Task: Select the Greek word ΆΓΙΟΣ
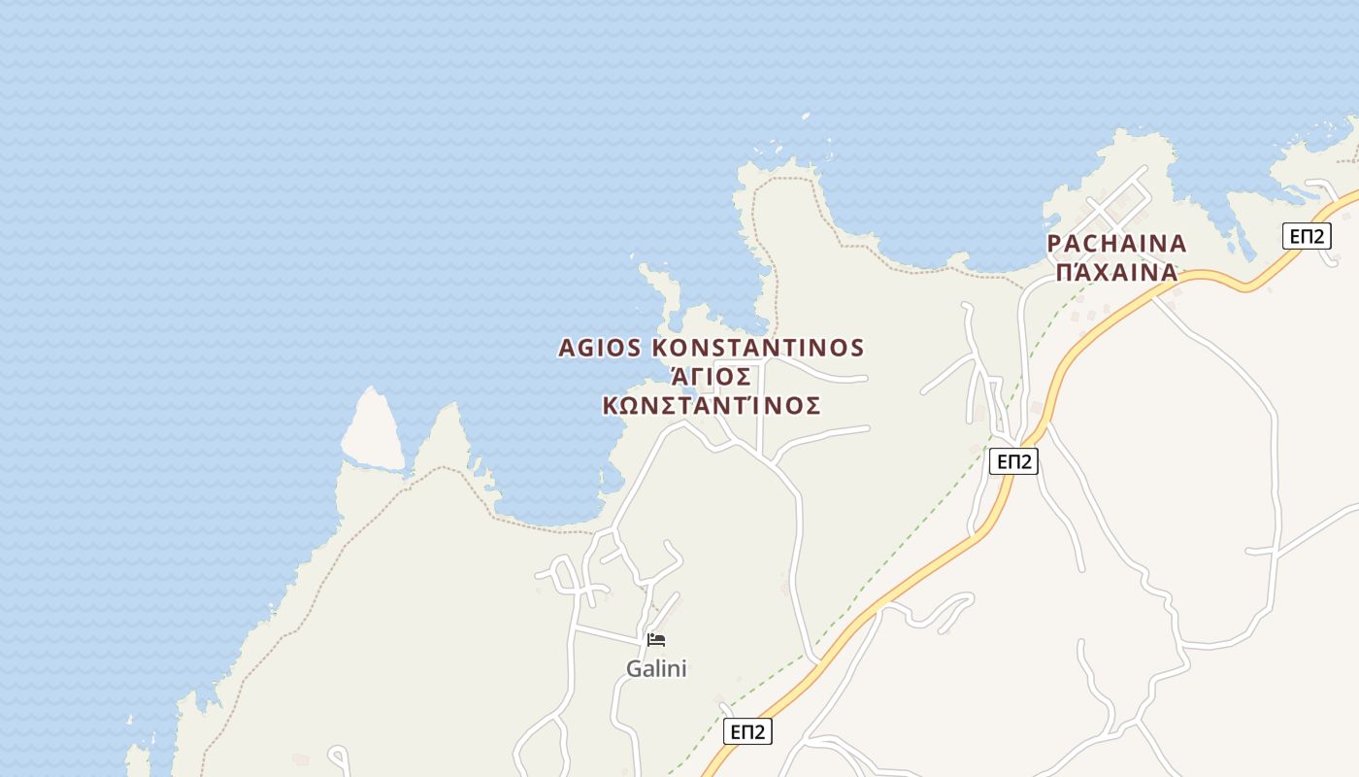pos(712,377)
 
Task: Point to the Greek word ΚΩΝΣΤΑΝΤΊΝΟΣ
pos(712,406)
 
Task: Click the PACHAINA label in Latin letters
pos(1117,244)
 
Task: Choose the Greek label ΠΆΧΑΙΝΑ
pos(1117,272)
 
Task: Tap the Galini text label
pos(656,669)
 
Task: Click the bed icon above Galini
pos(656,639)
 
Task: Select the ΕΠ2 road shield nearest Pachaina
pos(1306,236)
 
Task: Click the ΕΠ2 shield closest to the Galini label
pos(747,731)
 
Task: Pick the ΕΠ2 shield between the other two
pos(1013,461)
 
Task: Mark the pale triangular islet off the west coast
pos(372,434)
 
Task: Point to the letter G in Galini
pos(634,669)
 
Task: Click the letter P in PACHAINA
pos(1055,244)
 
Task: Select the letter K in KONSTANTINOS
pos(660,348)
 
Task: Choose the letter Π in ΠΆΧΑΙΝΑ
pos(1064,272)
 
